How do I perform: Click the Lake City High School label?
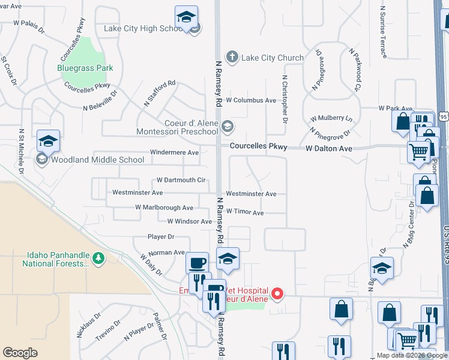[x=143, y=28]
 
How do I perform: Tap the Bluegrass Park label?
[x=85, y=68]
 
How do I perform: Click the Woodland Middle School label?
[x=97, y=160]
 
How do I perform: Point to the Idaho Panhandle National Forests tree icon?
[x=98, y=259]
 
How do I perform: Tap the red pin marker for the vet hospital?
[x=277, y=293]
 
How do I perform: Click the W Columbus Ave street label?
[x=250, y=100]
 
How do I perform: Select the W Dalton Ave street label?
[x=328, y=148]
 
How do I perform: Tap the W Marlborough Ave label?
[x=164, y=208]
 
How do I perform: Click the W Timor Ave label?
[x=245, y=212]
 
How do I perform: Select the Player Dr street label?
[x=161, y=237]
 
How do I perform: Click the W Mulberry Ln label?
[x=331, y=119]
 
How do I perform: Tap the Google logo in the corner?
[x=20, y=353]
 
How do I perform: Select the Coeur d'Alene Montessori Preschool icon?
[x=227, y=126]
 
